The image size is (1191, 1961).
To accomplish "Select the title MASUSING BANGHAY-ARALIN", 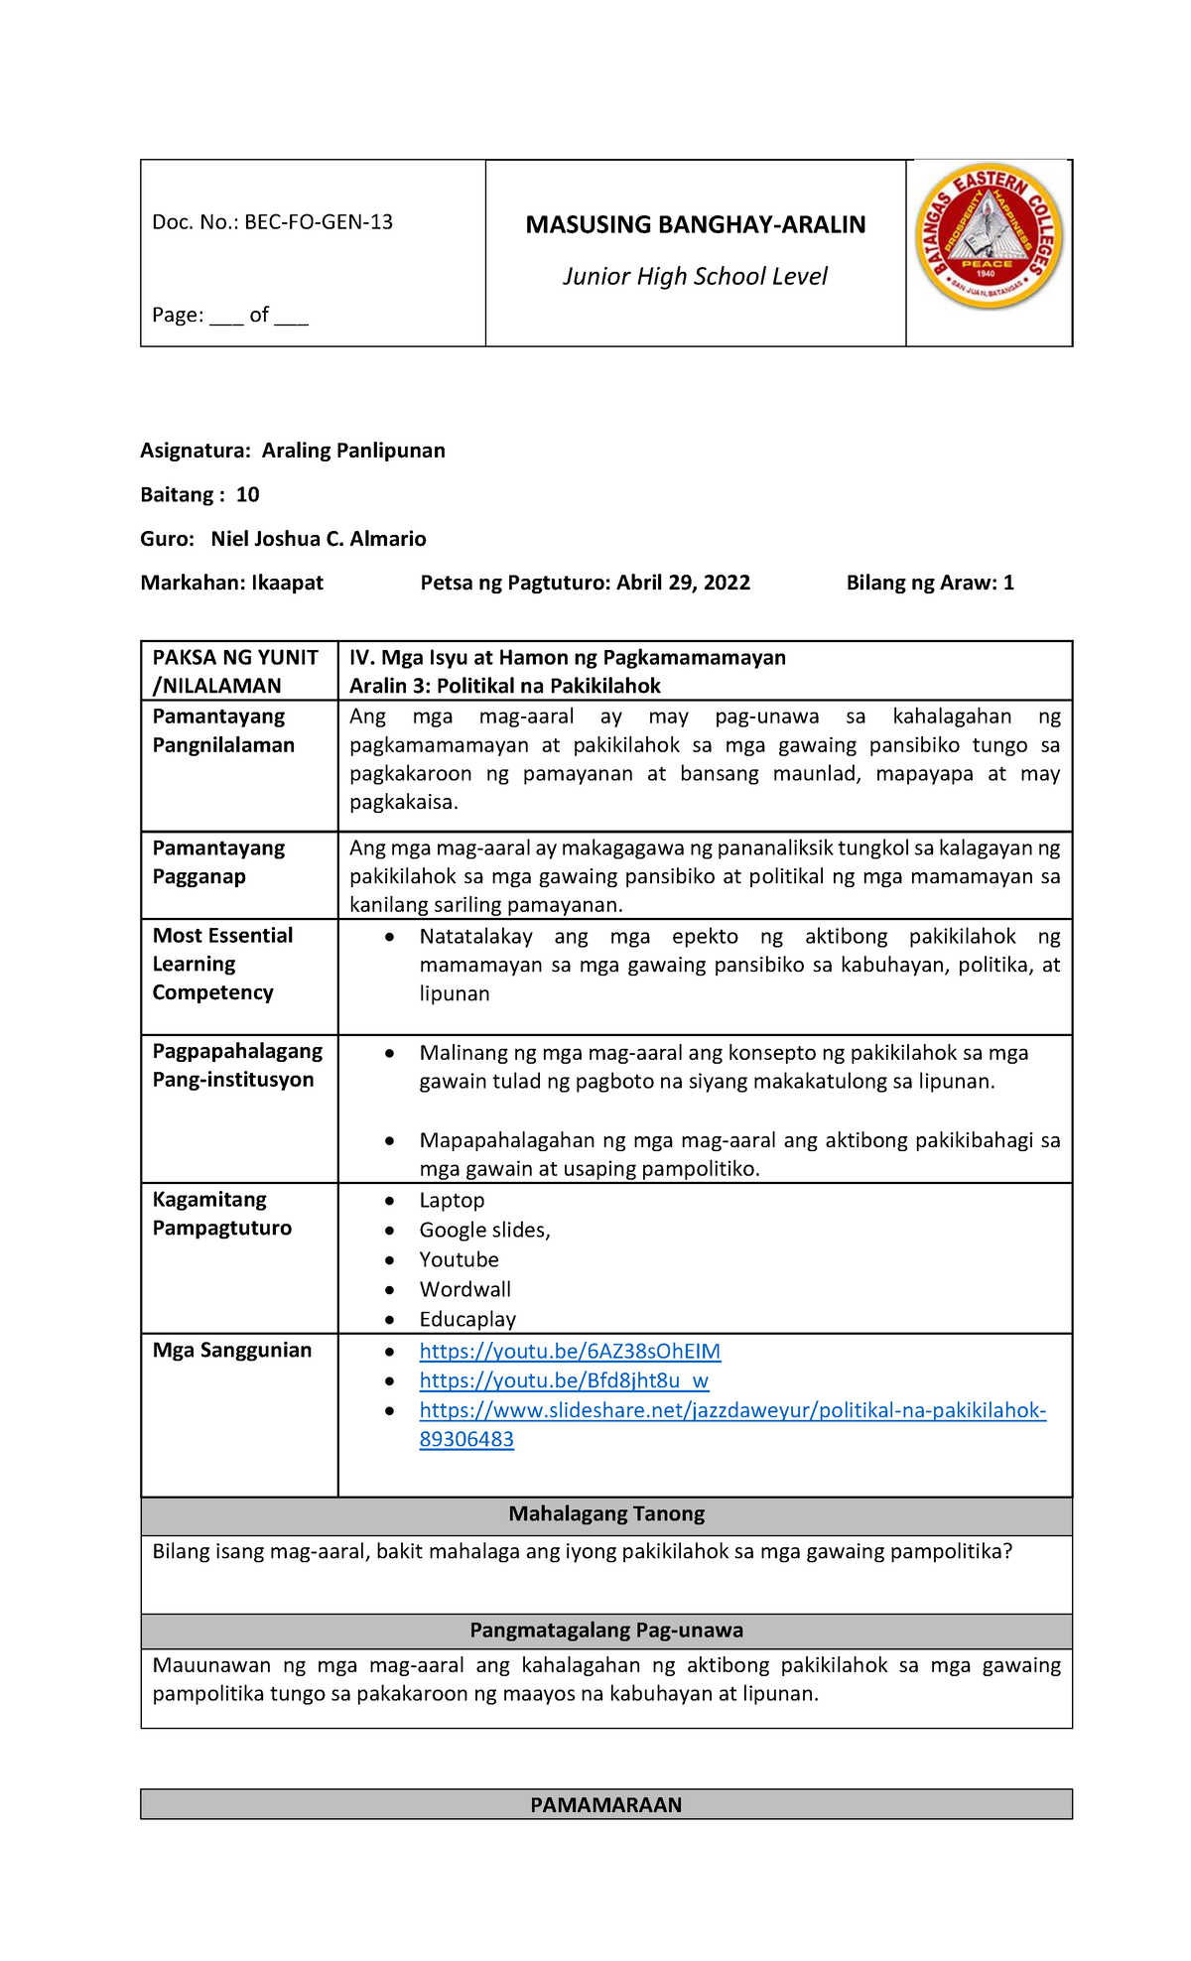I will [x=695, y=225].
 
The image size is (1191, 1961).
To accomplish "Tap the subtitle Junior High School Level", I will [x=695, y=277].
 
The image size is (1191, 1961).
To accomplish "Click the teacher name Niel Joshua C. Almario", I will [x=318, y=539].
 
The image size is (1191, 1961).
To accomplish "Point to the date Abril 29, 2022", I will [x=683, y=584].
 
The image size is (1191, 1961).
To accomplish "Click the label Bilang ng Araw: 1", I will [x=929, y=584].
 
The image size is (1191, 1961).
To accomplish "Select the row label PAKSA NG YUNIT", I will [x=235, y=658].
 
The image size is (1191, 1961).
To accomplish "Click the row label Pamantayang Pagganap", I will [x=218, y=862].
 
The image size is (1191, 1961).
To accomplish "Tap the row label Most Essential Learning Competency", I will [x=222, y=964].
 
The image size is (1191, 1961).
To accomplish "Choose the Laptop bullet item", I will [x=452, y=1201].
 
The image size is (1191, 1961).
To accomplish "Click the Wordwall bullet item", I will [x=464, y=1290].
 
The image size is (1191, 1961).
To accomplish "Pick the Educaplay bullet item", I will [x=467, y=1320].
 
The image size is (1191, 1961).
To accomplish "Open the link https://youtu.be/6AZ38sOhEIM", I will [x=570, y=1352].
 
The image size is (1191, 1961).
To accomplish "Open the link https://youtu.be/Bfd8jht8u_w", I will [x=564, y=1381].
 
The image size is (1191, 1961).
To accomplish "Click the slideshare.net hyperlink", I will [x=732, y=1411].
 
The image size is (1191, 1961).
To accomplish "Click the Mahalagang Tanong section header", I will [x=606, y=1514].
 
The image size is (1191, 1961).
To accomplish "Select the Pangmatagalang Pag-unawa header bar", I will [x=606, y=1631].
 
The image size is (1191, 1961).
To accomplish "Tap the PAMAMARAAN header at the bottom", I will [x=606, y=1805].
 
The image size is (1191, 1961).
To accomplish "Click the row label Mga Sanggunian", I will [x=232, y=1351].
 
